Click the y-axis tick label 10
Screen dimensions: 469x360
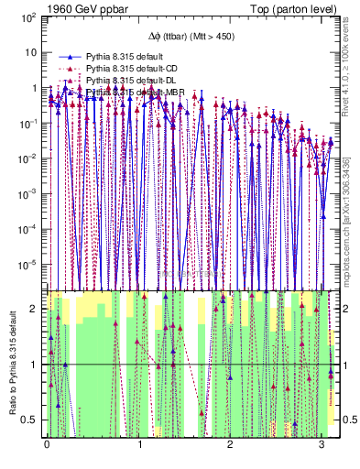coord(29,52)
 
